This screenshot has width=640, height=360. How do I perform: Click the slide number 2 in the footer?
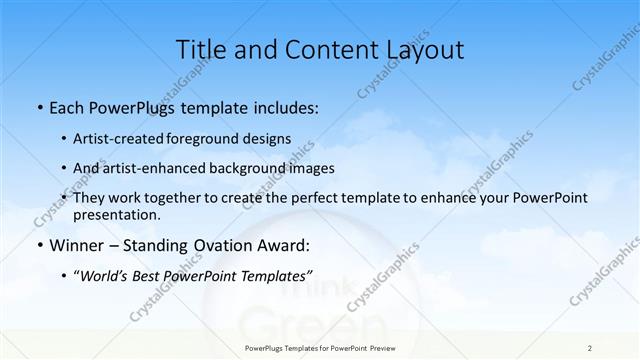[x=590, y=347]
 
